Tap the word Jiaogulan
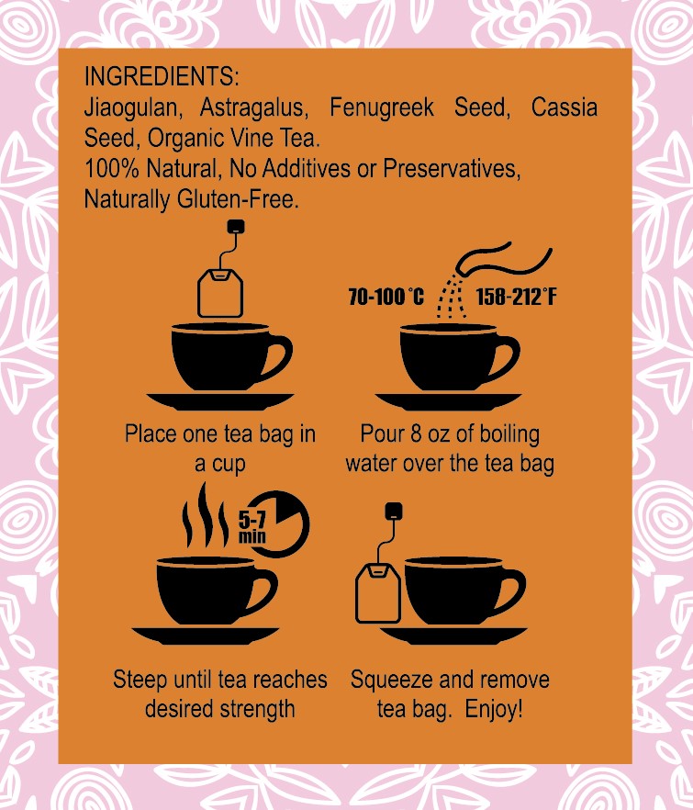coord(126,107)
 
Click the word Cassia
coord(564,107)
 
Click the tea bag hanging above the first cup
coord(222,292)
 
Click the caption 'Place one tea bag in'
coord(219,433)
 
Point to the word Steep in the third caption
coord(139,680)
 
